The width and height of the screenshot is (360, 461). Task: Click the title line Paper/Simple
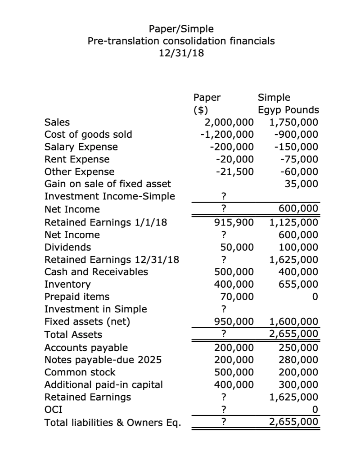181,29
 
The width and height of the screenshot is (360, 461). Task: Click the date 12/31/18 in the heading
181,53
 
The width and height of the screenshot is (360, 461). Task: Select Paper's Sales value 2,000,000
229,122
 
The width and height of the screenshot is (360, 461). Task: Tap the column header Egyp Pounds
288,110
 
